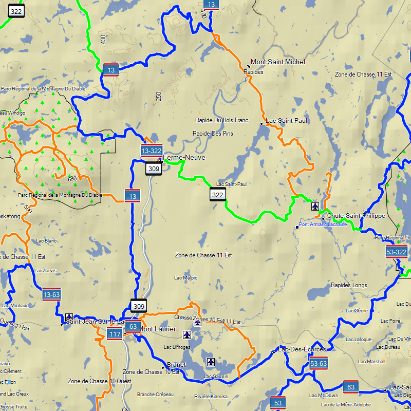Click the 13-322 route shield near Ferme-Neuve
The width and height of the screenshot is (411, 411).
pos(152,150)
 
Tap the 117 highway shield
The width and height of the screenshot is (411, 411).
pos(115,334)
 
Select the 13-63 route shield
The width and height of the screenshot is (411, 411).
pos(51,294)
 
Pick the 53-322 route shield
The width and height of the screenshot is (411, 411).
pos(396,251)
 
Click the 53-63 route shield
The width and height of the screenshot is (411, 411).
pos(319,363)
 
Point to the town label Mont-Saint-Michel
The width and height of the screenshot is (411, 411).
pos(278,62)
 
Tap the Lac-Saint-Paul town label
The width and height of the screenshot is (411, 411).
pos(286,121)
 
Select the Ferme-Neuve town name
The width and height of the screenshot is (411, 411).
pos(184,158)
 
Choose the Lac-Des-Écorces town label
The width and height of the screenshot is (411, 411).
pos(302,349)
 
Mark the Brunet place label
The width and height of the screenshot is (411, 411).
pos(176,365)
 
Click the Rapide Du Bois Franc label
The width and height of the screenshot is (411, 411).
pos(221,120)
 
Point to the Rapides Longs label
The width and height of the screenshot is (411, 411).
pos(349,285)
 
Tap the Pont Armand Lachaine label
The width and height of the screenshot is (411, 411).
pos(323,225)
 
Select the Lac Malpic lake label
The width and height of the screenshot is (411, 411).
pos(185,278)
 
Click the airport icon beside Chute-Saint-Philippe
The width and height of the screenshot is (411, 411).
pos(315,207)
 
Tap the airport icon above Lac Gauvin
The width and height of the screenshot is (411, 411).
pos(211,362)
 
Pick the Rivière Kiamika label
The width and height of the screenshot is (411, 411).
pos(211,396)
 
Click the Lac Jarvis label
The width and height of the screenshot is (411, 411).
pos(46,270)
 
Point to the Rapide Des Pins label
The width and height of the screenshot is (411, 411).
pos(212,134)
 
